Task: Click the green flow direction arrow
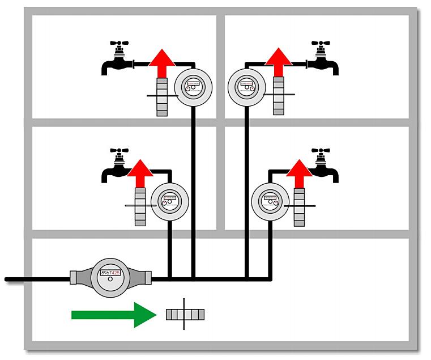click(x=113, y=315)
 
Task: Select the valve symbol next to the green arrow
click(x=185, y=314)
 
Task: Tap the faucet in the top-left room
click(x=118, y=61)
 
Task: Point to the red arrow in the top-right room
click(x=278, y=62)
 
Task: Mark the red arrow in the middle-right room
click(x=299, y=173)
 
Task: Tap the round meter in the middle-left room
click(x=169, y=200)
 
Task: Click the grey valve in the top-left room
click(x=163, y=97)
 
